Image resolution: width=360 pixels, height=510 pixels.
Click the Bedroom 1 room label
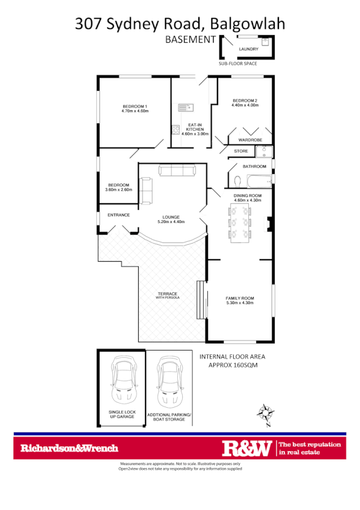coord(135,106)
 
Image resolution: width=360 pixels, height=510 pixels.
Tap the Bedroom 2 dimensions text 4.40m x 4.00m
coord(245,105)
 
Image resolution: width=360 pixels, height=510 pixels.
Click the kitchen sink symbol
coord(184,108)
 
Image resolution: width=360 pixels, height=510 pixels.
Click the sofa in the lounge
coord(177,171)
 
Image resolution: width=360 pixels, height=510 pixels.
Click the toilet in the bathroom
coord(237,180)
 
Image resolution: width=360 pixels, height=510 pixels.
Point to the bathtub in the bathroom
coord(258,180)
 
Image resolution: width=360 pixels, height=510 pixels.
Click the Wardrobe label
coord(249,140)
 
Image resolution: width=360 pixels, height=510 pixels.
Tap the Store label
coord(241,151)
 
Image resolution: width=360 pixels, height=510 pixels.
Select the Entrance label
coord(118,215)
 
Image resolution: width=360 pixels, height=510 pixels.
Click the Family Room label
coord(240,298)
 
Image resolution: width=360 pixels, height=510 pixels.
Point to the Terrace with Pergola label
coord(168,295)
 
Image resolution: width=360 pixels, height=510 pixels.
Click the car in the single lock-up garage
coord(124,382)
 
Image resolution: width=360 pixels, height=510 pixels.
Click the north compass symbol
coord(264,413)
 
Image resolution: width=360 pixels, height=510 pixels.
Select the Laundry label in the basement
coord(248,49)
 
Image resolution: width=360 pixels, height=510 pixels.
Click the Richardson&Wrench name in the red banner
coord(69,448)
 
